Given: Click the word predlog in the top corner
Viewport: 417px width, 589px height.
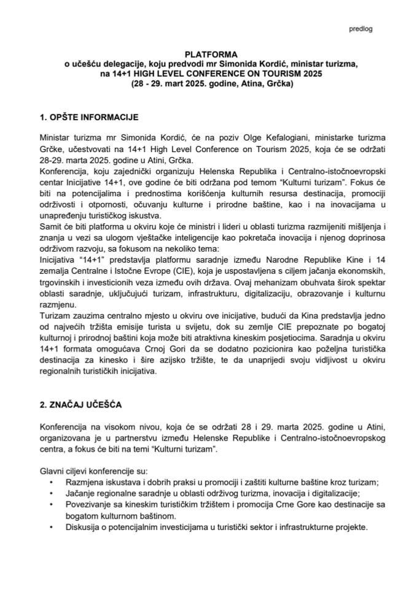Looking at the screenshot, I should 360,28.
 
